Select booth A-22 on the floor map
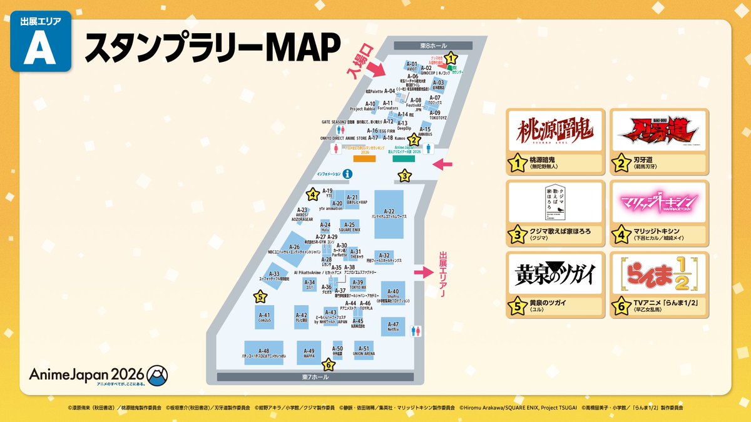click(389, 213)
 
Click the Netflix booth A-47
click(392, 329)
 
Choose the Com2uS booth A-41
click(264, 317)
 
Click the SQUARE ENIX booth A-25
click(349, 226)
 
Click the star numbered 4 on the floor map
click(312, 194)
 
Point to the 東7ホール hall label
click(314, 377)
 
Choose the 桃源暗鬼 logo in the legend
click(556, 131)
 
